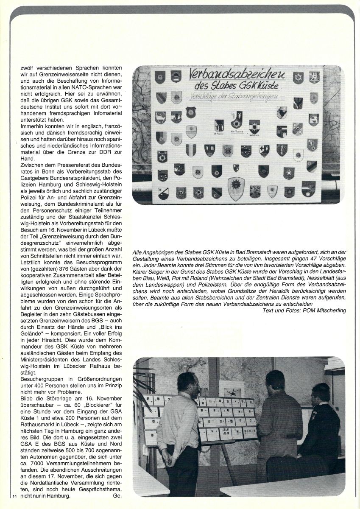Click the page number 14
pyautogui.click(x=14, y=496)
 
